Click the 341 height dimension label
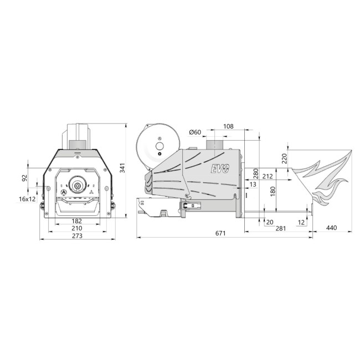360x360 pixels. pos(122,168)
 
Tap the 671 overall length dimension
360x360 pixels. pos(220,233)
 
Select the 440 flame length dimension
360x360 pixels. pos(332,228)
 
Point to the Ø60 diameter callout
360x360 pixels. pos(195,132)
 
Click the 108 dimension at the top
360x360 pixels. pos(228,126)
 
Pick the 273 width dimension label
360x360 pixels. pos(77,236)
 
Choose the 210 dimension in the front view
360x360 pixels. pos(77,228)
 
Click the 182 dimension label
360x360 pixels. pos(76,221)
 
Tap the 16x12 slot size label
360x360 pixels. pos(27,199)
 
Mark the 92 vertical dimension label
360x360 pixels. pos(24,178)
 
